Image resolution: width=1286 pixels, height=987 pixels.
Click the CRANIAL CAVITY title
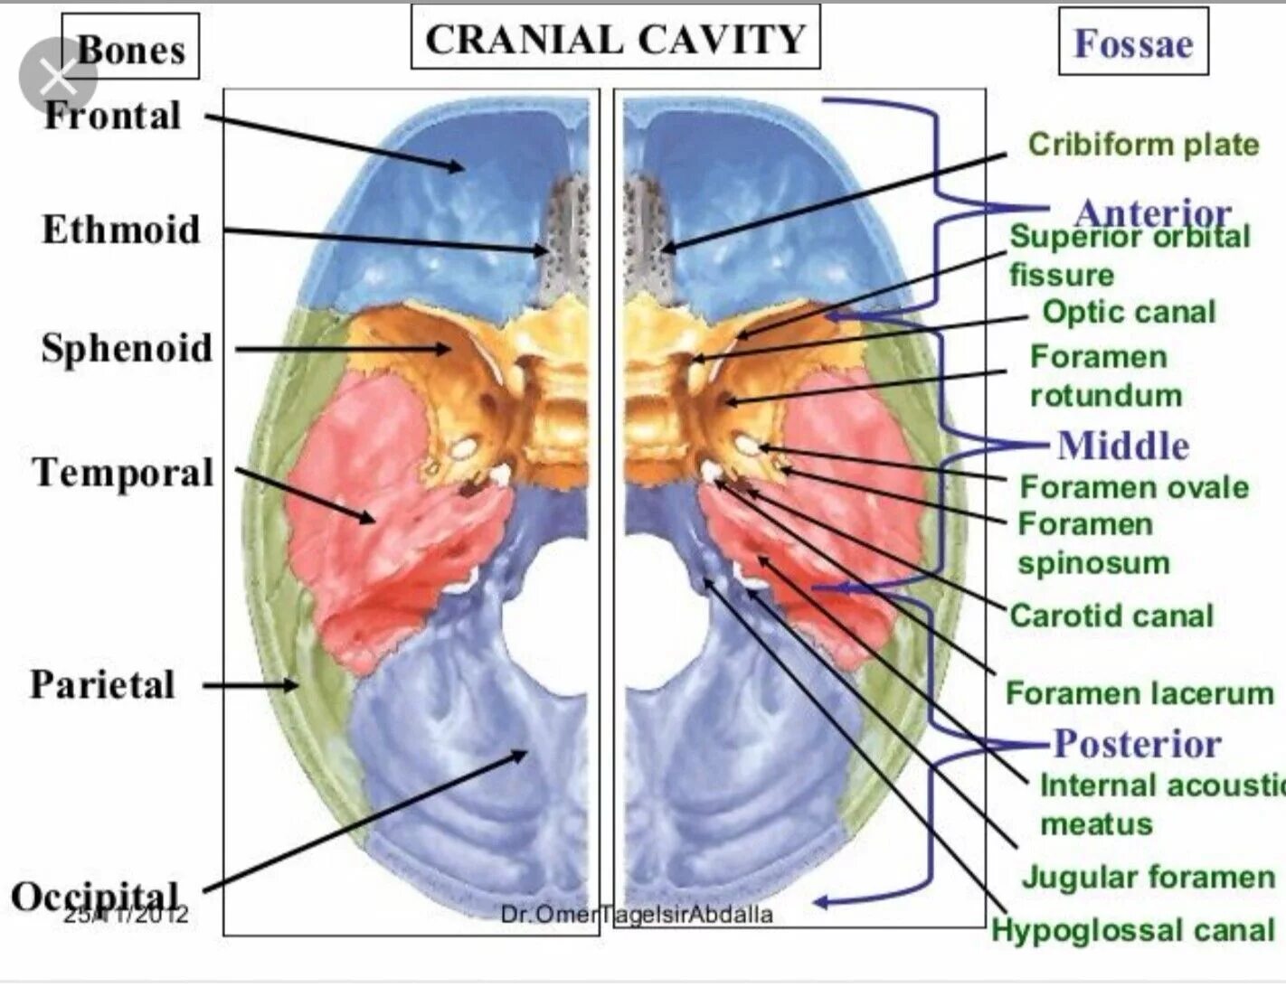pos(615,39)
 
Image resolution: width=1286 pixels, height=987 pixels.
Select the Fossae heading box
pos(1132,42)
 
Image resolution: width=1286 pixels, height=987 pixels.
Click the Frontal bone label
pos(112,116)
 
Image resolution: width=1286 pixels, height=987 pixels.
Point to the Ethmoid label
pos(120,230)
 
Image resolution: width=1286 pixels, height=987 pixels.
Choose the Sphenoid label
pos(127,348)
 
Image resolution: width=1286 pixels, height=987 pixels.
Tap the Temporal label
pos(123,472)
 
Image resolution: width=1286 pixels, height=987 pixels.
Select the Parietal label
pos(102,684)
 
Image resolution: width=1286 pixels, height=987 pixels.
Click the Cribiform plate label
pos(1143,145)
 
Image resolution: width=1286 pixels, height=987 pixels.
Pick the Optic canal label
pos(1129,312)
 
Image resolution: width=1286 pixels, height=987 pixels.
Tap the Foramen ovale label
pos(1134,487)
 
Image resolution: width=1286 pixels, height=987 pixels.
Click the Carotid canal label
pos(1111,616)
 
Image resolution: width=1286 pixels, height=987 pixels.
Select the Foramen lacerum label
pos(1139,693)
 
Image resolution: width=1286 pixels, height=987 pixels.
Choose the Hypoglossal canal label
pos(1132,930)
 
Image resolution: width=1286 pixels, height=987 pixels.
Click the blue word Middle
pos(1123,446)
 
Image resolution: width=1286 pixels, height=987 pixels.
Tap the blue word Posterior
pos(1137,744)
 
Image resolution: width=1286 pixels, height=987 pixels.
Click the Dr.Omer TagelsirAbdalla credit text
pos(637,915)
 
